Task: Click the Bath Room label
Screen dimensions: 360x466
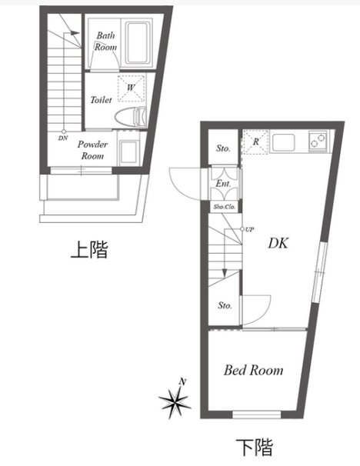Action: tap(105, 42)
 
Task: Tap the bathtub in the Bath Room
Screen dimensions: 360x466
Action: tap(138, 42)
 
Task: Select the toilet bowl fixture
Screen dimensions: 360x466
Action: tap(131, 118)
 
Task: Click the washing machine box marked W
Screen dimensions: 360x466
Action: tap(132, 88)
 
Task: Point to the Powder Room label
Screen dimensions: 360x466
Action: tap(92, 150)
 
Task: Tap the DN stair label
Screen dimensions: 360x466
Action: tap(63, 138)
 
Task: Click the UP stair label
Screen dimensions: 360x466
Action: tap(250, 229)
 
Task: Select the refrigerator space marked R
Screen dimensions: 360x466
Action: tap(255, 141)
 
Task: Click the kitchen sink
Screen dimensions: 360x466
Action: tap(284, 142)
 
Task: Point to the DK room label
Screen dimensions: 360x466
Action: tap(278, 243)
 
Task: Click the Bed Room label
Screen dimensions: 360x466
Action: tap(253, 371)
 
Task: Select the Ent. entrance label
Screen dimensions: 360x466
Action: tap(223, 184)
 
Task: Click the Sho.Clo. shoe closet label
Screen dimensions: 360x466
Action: tap(225, 207)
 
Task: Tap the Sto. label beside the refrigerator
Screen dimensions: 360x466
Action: tap(223, 148)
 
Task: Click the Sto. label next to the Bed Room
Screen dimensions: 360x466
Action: tap(225, 305)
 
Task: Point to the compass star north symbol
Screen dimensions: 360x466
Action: tap(175, 399)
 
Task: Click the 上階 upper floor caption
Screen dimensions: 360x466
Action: tap(89, 249)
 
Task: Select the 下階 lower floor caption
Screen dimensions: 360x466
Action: tap(255, 448)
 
